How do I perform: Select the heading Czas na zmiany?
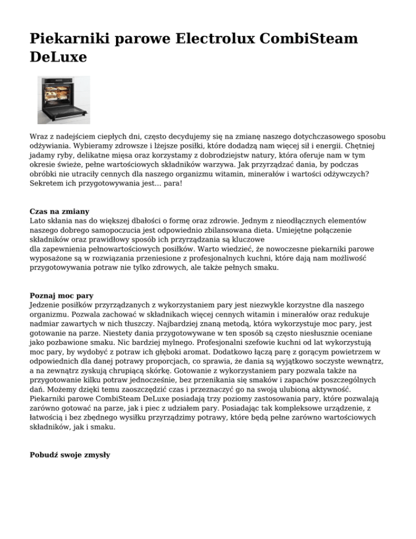click(x=59, y=211)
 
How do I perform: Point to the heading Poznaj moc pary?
click(x=61, y=296)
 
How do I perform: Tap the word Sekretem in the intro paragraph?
click(x=47, y=184)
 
